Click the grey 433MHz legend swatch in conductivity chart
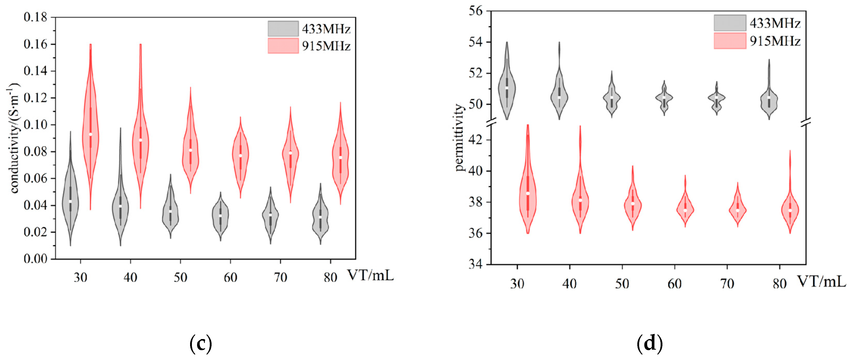(x=283, y=29)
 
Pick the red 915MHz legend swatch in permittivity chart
(x=730, y=41)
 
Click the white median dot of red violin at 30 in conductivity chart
(x=91, y=134)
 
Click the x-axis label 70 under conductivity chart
(x=280, y=277)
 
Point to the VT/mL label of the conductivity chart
(x=370, y=275)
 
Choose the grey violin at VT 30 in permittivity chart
(x=507, y=87)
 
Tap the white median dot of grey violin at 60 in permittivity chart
(x=664, y=98)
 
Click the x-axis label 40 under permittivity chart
(x=569, y=284)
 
